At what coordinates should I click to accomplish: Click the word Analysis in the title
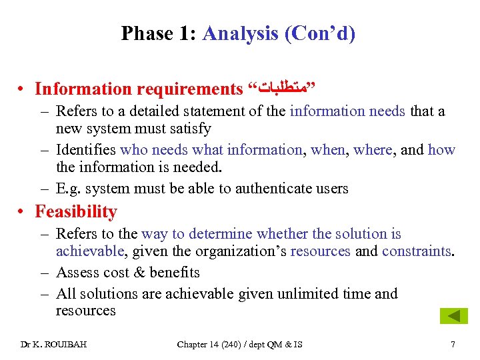[240, 33]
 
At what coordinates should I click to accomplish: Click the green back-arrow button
[453, 316]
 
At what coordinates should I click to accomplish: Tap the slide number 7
[453, 344]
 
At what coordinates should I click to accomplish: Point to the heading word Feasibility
[76, 211]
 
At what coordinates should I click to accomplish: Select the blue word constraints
[417, 251]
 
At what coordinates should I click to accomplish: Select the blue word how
[441, 150]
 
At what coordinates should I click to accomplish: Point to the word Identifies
[86, 150]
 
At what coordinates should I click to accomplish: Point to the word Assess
[77, 272]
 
